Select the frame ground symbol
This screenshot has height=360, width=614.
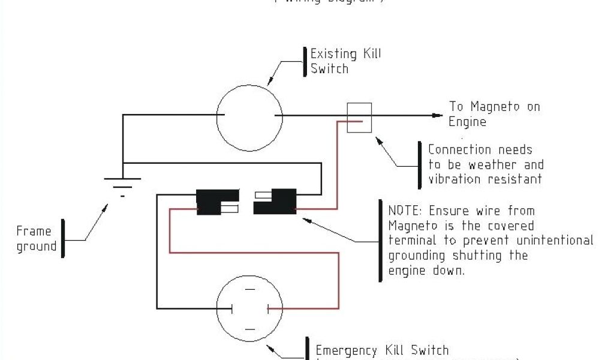[x=123, y=183]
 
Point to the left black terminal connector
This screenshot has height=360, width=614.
[x=212, y=202]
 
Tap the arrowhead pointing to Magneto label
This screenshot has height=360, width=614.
[x=437, y=115]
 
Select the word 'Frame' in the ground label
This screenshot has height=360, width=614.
[x=34, y=231]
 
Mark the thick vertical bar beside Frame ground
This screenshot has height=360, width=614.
[x=63, y=238]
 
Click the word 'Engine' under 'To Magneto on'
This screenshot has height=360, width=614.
[x=468, y=122]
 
